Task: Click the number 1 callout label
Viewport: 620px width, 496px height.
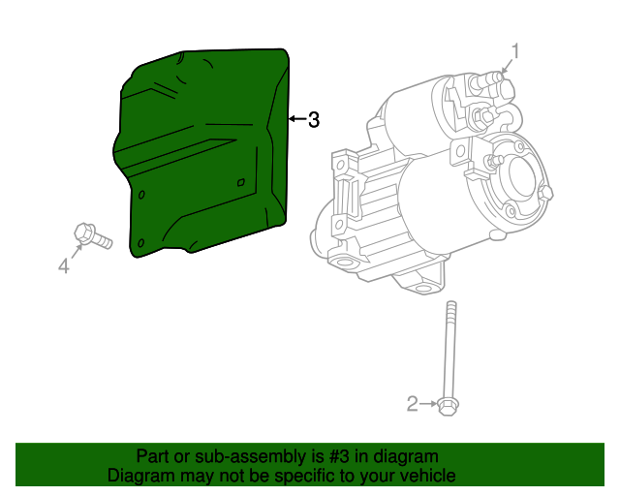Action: [x=516, y=50]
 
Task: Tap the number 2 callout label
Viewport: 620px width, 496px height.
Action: [x=413, y=404]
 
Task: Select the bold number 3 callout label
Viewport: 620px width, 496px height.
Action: [x=313, y=120]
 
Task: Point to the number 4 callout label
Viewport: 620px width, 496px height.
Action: [x=64, y=265]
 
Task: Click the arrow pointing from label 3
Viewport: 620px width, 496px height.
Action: [x=295, y=120]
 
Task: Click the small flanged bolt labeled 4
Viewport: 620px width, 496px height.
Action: [x=91, y=235]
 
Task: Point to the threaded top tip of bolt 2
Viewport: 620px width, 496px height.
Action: [x=449, y=307]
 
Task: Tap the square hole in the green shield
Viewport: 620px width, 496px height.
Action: [x=241, y=181]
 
